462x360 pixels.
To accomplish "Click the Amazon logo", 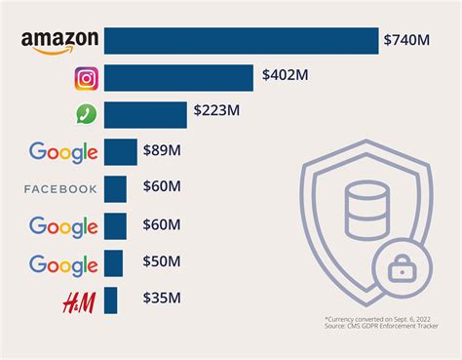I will click(59, 40).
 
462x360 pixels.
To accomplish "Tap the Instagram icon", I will click(85, 78).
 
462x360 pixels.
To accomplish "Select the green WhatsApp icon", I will click(85, 115).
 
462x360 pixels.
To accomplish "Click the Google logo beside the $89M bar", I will click(63, 152).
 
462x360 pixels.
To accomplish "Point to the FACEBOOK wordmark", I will click(60, 189).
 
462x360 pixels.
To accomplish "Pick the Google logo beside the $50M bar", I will click(63, 263).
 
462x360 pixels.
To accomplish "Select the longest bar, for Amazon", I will click(241, 40).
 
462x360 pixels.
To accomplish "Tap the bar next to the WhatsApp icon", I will click(145, 115).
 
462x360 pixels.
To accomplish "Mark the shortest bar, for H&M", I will click(111, 300).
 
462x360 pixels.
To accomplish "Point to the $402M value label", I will click(285, 76).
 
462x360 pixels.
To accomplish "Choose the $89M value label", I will click(164, 151).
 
